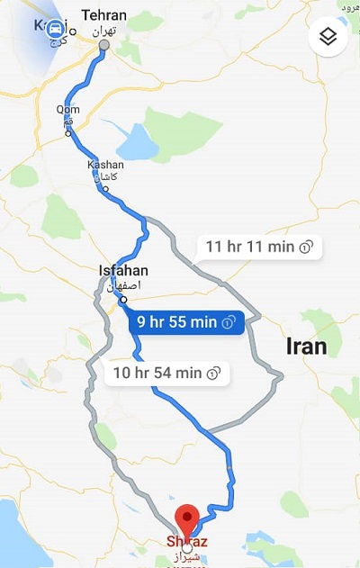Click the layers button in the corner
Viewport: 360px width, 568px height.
[x=328, y=37]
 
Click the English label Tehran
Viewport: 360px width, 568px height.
[x=103, y=15]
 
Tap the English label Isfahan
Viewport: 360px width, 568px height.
[x=123, y=270]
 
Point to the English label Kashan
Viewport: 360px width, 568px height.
[x=105, y=166]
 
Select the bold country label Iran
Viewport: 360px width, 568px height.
[x=305, y=347]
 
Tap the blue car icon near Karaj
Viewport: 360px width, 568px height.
[x=55, y=28]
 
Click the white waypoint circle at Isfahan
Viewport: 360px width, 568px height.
[x=124, y=299]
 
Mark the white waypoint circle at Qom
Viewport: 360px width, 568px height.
[x=67, y=133]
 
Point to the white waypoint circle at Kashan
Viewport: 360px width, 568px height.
[x=105, y=187]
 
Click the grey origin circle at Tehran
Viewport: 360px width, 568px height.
[x=103, y=44]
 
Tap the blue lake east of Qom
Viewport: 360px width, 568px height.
[x=134, y=140]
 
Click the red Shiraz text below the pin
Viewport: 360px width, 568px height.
[x=185, y=541]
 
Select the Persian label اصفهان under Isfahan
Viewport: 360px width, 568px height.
[x=123, y=285]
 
